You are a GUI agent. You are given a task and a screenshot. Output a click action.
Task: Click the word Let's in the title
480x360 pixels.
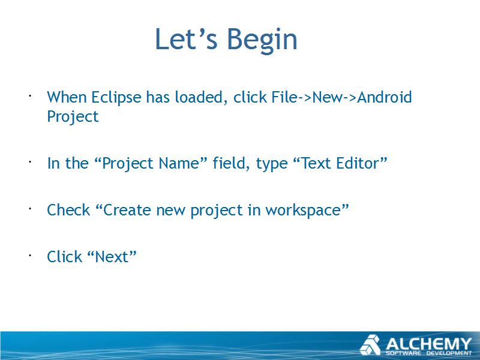tap(186, 38)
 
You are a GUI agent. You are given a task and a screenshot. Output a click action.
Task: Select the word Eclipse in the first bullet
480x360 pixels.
tap(116, 98)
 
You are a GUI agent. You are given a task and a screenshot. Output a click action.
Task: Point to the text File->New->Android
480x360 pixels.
tap(341, 97)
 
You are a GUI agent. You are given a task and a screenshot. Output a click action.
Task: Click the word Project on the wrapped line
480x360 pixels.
tap(73, 116)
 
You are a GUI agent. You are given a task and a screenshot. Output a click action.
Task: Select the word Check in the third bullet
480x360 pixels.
tap(68, 210)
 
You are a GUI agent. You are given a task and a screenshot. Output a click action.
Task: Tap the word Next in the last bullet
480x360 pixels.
tap(112, 257)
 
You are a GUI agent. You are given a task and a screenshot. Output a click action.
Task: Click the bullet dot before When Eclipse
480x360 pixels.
tap(31, 96)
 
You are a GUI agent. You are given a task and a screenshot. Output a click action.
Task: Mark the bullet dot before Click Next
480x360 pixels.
tap(31, 255)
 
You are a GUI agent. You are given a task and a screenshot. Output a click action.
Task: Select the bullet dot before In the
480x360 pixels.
tap(31, 161)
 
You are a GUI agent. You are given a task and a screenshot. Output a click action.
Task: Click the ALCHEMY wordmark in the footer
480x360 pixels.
tap(428, 344)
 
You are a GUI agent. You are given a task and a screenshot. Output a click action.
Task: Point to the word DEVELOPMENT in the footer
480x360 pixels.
tap(449, 353)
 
